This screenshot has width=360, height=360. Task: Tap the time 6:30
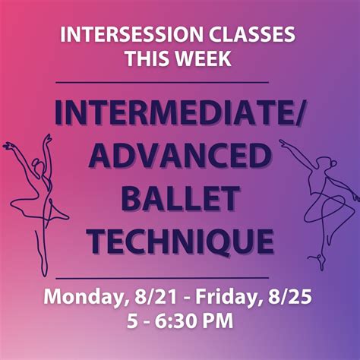181,321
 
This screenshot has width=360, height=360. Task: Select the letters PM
218,321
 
